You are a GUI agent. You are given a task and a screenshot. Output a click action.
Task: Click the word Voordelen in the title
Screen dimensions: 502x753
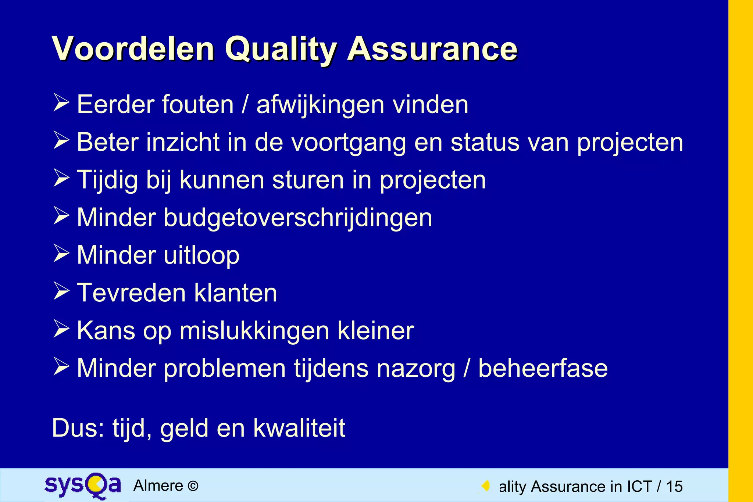(133, 49)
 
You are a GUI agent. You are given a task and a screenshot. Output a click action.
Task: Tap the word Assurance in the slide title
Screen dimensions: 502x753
(432, 49)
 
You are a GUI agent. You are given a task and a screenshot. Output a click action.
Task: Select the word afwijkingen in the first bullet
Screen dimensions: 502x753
(320, 105)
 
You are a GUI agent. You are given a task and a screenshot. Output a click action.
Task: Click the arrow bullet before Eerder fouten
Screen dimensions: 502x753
(61, 103)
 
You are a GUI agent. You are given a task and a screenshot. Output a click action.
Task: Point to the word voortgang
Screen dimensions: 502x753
(349, 143)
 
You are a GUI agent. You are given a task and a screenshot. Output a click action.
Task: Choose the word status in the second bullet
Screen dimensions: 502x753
(485, 143)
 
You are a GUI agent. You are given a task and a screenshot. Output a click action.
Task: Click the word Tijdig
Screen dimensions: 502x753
(107, 180)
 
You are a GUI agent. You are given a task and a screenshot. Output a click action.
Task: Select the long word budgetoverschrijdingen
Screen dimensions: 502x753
(298, 218)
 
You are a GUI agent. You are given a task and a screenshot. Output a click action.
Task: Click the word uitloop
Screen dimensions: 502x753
(201, 256)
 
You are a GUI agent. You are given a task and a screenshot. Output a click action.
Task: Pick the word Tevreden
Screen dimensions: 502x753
(131, 293)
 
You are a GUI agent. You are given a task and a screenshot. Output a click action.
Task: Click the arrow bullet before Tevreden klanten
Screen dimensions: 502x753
(61, 291)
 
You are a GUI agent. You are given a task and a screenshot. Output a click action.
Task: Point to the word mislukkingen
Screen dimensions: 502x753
(254, 331)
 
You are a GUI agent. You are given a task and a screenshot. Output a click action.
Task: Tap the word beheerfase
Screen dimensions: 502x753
(543, 369)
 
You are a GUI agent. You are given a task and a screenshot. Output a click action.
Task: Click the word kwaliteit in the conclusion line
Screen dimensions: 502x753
(299, 428)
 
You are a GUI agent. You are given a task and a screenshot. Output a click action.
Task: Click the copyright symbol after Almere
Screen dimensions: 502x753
(193, 486)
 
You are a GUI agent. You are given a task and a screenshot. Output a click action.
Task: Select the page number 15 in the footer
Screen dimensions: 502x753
(674, 487)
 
